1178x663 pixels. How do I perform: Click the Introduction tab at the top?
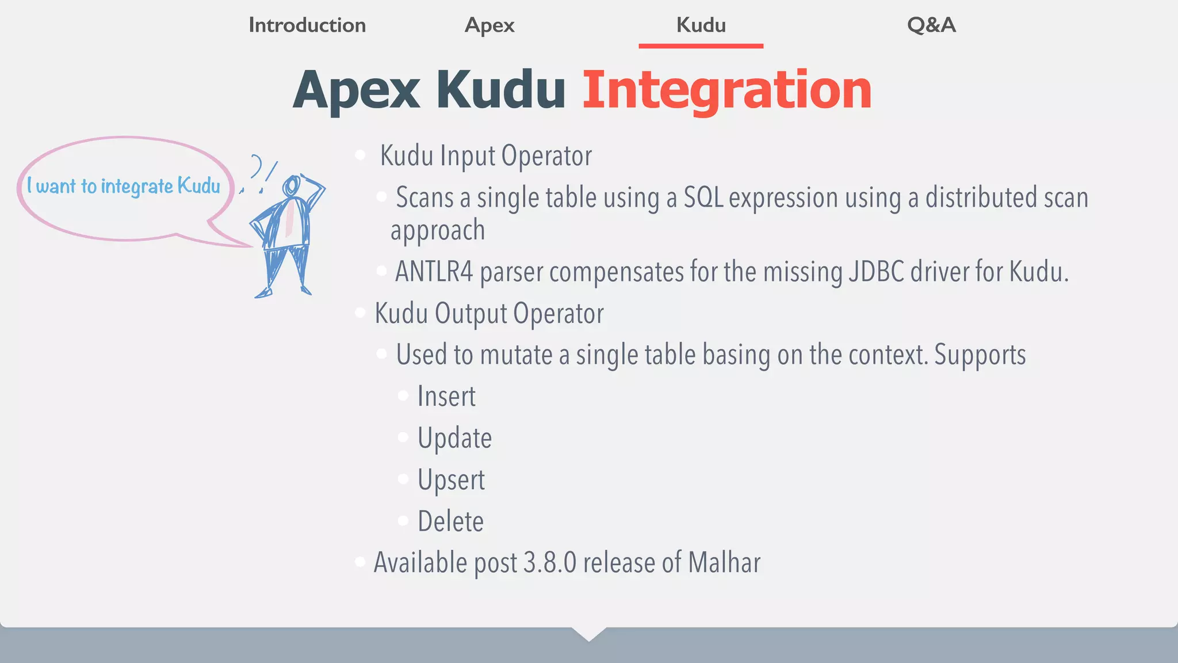(x=307, y=25)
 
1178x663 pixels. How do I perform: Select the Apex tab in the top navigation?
(x=489, y=25)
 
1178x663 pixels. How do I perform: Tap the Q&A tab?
(x=931, y=25)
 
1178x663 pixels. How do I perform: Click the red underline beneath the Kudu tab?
(x=701, y=46)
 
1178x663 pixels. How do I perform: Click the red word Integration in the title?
(x=727, y=90)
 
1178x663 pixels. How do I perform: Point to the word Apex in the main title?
(x=357, y=90)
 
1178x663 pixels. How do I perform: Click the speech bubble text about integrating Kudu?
(x=124, y=186)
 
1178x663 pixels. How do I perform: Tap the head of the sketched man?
(x=291, y=185)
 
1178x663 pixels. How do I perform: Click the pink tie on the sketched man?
(x=290, y=219)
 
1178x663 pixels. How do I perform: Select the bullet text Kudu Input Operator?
(x=486, y=156)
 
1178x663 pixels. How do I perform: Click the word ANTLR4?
(x=434, y=272)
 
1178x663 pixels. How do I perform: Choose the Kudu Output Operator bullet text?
(x=489, y=314)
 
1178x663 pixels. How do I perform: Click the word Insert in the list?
(x=446, y=397)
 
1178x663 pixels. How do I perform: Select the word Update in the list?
(x=454, y=438)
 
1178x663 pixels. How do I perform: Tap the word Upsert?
(x=451, y=480)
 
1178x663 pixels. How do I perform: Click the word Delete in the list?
(x=450, y=521)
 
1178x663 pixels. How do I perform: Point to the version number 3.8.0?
(x=550, y=563)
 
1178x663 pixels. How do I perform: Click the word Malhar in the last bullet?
(x=724, y=563)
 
